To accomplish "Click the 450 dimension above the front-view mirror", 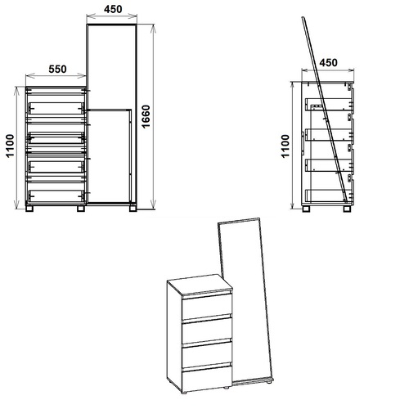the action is pyautogui.click(x=113, y=9).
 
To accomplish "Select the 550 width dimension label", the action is pyautogui.click(x=57, y=70).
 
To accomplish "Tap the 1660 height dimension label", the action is pyautogui.click(x=146, y=116).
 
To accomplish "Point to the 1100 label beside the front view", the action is pyautogui.click(x=10, y=146).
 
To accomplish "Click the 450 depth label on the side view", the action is pyautogui.click(x=328, y=63).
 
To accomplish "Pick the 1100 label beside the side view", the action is pyautogui.click(x=285, y=146).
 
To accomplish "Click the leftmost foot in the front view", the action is pyautogui.click(x=29, y=209).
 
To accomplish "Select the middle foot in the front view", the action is pyautogui.click(x=81, y=209).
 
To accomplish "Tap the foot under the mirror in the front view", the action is pyautogui.click(x=133, y=208).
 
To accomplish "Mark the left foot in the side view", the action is pyautogui.click(x=307, y=209).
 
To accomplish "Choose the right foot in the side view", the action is pyautogui.click(x=347, y=209).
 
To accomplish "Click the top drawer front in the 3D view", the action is pyautogui.click(x=207, y=307).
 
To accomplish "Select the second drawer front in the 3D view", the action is pyautogui.click(x=207, y=330).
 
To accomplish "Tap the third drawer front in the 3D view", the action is pyautogui.click(x=207, y=353).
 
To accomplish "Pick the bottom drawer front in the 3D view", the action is pyautogui.click(x=207, y=378).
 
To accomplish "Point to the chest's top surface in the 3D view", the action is pyautogui.click(x=200, y=284).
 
